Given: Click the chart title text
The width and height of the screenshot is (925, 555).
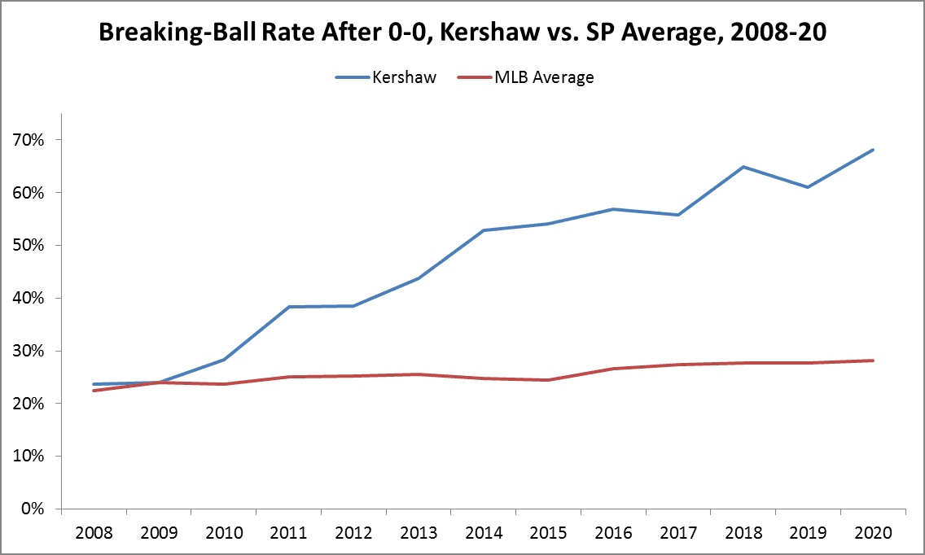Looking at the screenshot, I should (463, 33).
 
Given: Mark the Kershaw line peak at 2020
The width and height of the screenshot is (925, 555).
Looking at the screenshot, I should (873, 150).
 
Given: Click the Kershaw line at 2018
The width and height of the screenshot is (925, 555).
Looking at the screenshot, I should (743, 167).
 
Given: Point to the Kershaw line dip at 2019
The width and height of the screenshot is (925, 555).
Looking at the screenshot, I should (808, 187).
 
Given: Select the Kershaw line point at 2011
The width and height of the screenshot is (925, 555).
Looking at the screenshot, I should (288, 307).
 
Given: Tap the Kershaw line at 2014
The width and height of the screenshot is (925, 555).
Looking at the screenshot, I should (483, 230).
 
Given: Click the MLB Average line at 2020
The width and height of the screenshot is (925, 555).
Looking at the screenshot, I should (873, 361).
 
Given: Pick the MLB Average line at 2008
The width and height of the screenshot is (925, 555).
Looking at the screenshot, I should (94, 391).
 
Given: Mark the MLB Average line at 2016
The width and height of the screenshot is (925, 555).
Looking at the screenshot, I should (613, 369).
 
